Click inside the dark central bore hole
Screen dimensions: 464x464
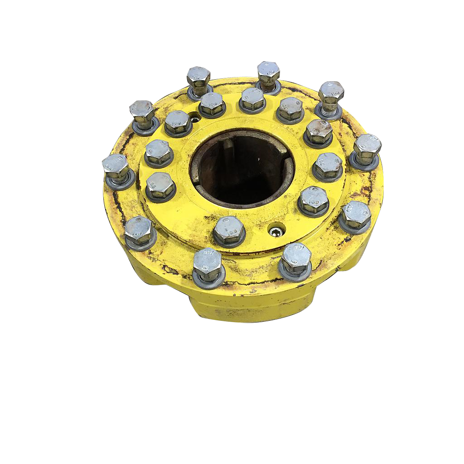click(x=242, y=170)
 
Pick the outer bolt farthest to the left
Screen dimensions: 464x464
click(x=116, y=168)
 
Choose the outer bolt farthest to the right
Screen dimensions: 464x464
click(x=367, y=150)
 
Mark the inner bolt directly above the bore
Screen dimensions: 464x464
click(x=252, y=100)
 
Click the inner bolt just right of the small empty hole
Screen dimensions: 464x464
click(x=212, y=104)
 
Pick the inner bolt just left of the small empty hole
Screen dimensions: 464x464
click(x=178, y=122)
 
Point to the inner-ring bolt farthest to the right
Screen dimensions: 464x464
click(x=327, y=166)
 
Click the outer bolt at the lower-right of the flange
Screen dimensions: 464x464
click(x=355, y=216)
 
